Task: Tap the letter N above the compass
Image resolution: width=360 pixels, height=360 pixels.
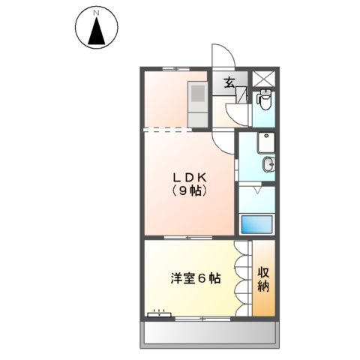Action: pos(96,13)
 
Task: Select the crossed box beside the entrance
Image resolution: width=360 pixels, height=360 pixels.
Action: pos(265,80)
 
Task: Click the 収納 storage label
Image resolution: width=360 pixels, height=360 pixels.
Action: pos(264,278)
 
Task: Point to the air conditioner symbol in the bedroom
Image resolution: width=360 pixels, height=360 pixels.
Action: pos(157,314)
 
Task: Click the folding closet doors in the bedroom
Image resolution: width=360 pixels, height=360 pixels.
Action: pos(241,278)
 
